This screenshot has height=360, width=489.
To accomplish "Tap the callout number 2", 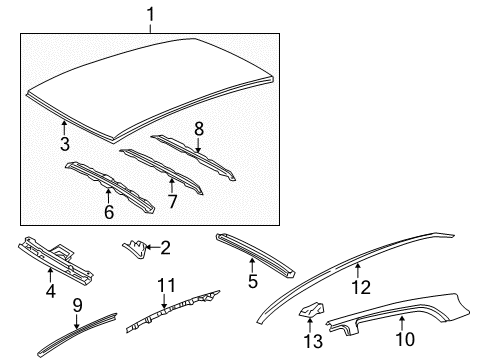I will click(x=165, y=246).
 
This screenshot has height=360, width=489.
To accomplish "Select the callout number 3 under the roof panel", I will click(x=64, y=144).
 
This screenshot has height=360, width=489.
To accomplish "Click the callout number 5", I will click(x=254, y=282).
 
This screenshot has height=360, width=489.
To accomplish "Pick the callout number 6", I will click(x=108, y=211).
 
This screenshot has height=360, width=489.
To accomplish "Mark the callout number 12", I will click(x=360, y=287).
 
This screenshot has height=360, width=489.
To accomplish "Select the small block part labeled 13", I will click(x=311, y=312).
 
